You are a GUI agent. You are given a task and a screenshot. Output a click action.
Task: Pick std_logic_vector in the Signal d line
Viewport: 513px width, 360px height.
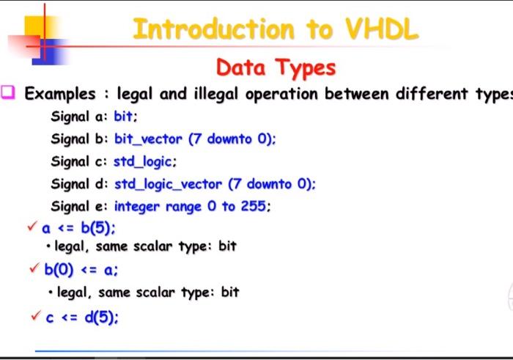coord(169,184)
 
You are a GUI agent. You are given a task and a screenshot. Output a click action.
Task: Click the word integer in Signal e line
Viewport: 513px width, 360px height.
coord(138,207)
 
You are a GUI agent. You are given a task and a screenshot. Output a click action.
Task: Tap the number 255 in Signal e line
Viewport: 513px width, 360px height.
coord(254,207)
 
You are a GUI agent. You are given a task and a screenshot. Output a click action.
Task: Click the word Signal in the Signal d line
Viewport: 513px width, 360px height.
coord(70,184)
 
